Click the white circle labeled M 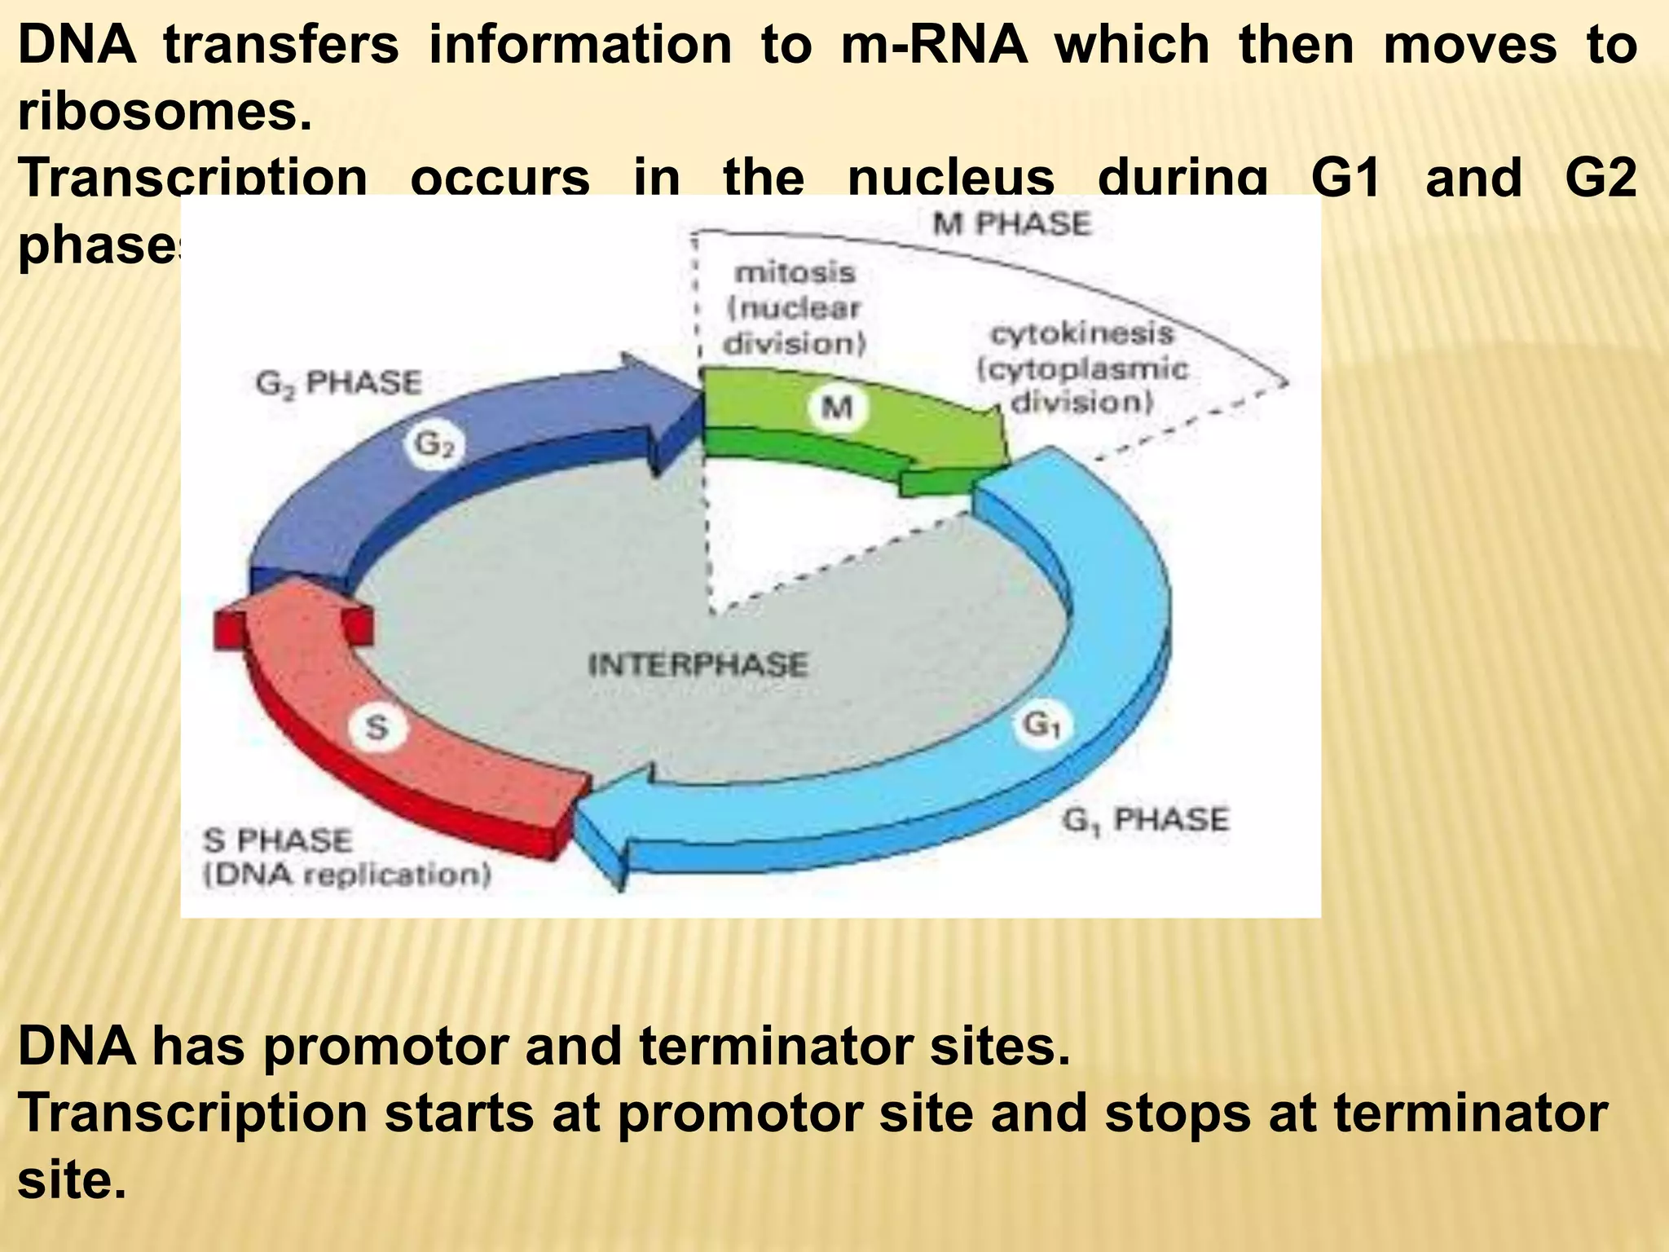836,405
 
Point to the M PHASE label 1011,223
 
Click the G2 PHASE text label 339,382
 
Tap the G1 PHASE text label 1146,819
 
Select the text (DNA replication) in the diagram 347,875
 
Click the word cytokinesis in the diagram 1082,333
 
